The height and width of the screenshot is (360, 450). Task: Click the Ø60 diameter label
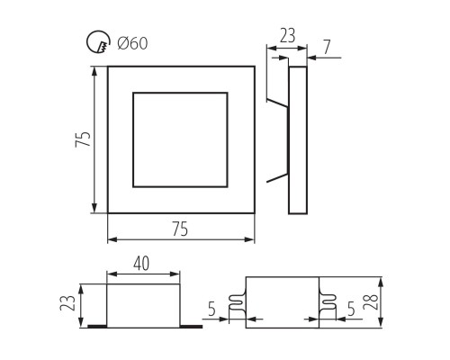(132, 43)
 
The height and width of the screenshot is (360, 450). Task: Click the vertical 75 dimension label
(83, 139)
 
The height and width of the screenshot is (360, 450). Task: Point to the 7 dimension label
(327, 47)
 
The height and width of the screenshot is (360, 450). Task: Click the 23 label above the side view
(287, 35)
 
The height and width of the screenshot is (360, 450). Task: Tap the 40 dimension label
(141, 264)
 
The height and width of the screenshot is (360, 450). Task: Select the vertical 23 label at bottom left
(67, 303)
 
